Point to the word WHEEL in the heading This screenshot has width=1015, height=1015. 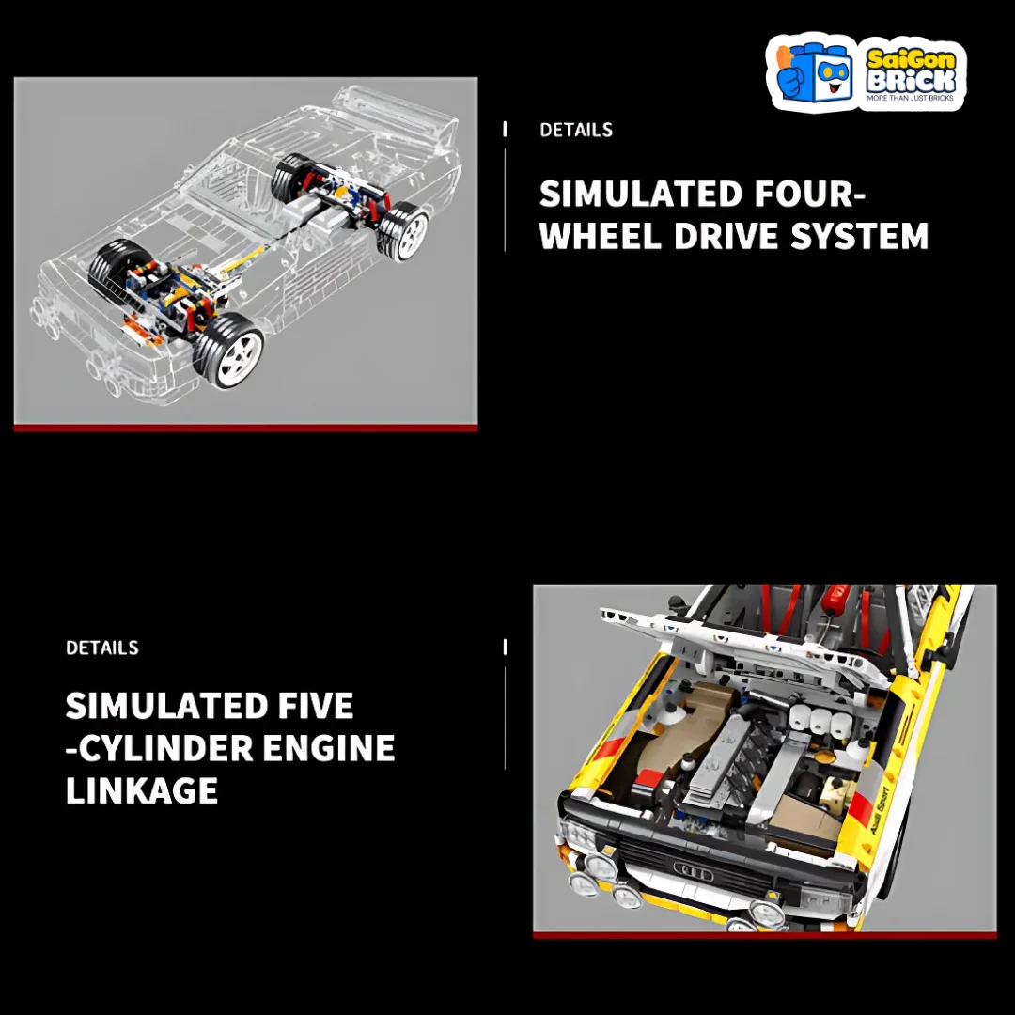600,236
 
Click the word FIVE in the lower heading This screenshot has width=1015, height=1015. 316,705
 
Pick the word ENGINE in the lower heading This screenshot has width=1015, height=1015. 329,748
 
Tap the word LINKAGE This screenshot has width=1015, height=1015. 142,790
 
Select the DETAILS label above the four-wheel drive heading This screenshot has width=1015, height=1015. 576,130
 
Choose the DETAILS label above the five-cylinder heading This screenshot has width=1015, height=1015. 102,648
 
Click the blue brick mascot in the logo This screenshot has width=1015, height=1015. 813,72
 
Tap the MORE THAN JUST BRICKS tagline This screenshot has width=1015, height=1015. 910,98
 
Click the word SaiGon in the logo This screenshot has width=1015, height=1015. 911,59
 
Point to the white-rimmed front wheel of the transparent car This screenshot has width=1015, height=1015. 230,351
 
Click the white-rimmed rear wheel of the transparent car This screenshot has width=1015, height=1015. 404,231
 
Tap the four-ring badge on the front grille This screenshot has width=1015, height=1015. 694,871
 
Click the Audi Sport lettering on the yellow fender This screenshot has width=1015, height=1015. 881,808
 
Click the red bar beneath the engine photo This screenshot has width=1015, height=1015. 764,935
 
